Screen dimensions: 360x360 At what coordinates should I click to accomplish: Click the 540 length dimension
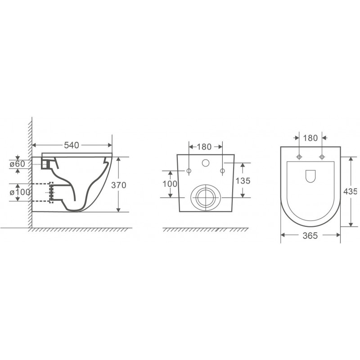72,145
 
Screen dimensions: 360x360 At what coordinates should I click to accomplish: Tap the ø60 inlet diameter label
18,164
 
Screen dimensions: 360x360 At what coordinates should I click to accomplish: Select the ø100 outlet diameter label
20,192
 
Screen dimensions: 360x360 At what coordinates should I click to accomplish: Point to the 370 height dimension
119,185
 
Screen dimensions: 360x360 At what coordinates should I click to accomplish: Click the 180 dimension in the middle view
204,147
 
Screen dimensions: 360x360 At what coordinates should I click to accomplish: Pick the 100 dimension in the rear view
170,184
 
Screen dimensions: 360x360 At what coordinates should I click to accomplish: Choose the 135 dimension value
243,181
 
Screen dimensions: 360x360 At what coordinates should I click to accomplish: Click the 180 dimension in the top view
310,138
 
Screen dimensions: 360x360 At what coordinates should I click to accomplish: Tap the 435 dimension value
351,191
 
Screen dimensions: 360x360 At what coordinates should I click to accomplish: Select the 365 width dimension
310,235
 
